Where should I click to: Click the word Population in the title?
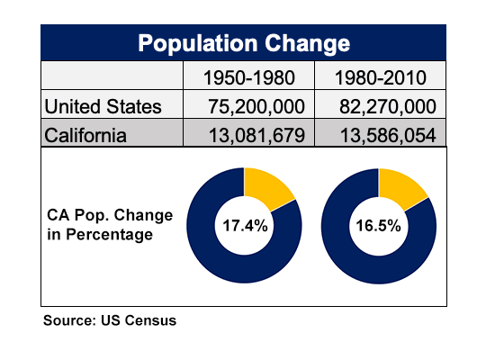198,43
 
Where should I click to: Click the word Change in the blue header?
307,43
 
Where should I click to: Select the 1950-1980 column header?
249,77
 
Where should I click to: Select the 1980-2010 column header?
381,77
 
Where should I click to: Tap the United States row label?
103,106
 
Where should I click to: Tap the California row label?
85,136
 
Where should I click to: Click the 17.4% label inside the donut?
245,226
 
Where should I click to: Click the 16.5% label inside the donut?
378,226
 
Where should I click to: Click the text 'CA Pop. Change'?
110,215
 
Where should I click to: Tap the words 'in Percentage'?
100,235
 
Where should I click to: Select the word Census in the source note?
150,320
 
